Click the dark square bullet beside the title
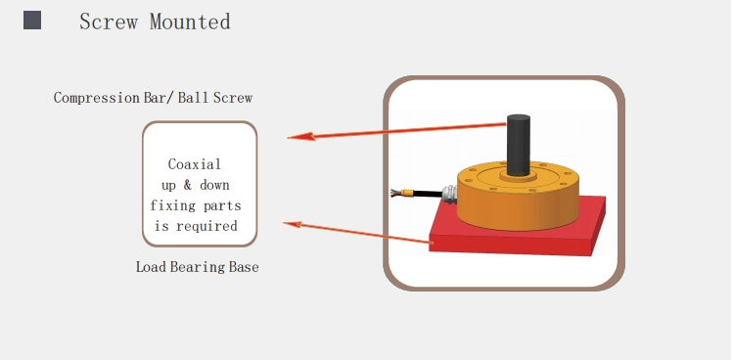point(32,21)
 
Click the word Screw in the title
point(109,22)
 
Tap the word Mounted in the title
point(190,22)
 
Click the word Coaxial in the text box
point(195,164)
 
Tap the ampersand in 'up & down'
point(188,185)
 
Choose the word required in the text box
point(206,227)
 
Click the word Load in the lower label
point(152,267)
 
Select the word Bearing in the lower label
point(198,267)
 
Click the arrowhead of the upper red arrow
point(301,137)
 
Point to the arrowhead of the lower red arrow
point(293,225)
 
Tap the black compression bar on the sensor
point(519,145)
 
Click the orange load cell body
point(518,196)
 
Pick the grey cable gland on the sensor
point(450,194)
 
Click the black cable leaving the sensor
point(428,193)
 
